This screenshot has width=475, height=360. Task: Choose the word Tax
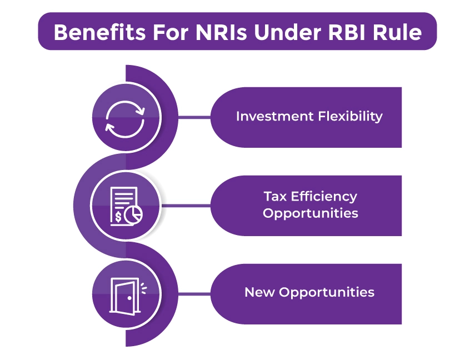click(x=274, y=196)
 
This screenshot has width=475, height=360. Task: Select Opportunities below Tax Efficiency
click(x=311, y=213)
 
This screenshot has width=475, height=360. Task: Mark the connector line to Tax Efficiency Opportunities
click(x=186, y=206)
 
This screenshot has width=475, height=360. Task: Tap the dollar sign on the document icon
click(x=118, y=214)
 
